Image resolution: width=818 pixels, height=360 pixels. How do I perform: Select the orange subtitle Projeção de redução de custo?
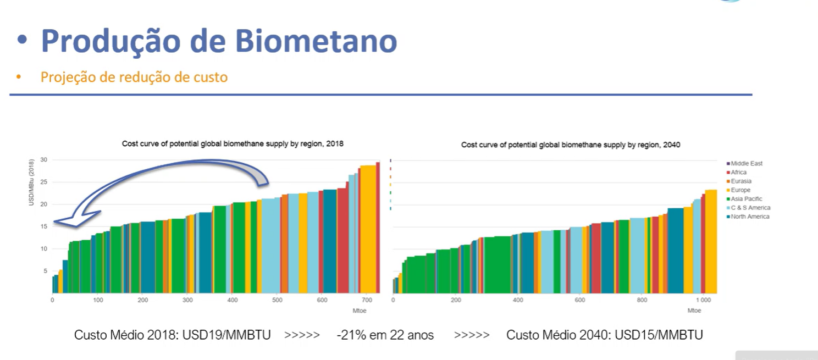pos(134,77)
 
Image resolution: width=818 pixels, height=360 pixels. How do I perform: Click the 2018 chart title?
pos(233,143)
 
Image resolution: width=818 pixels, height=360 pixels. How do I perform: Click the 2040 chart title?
pos(571,145)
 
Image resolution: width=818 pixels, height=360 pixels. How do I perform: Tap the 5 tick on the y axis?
pos(45,271)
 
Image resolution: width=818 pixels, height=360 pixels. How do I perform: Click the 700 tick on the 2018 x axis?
pos(367,301)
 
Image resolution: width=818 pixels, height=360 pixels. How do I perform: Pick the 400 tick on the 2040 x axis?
pos(518,301)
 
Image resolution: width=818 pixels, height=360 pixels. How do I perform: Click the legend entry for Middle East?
pos(747,163)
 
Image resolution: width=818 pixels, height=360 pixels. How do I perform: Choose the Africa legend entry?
pos(738,172)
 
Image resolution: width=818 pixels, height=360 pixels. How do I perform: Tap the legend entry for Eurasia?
pos(741,181)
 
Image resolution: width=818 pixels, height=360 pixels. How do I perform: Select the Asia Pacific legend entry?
pos(746,198)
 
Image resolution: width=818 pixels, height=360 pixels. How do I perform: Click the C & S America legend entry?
pos(750,207)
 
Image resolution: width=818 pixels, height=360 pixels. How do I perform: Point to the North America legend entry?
pos(750,217)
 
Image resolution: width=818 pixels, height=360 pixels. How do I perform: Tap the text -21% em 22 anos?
pos(385,335)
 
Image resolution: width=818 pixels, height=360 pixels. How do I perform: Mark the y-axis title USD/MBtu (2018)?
pos(32,183)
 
